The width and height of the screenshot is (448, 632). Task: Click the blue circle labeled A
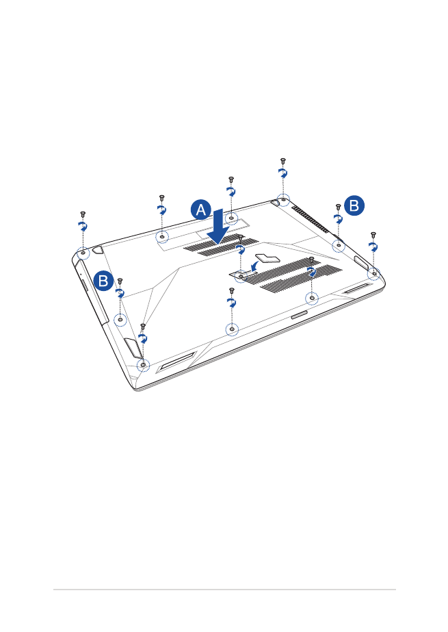tap(201, 210)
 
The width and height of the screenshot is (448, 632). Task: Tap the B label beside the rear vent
tap(354, 205)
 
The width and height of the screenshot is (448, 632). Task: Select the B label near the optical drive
tap(103, 281)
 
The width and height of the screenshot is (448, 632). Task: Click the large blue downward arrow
tap(218, 227)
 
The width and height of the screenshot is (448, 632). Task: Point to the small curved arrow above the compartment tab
tap(254, 266)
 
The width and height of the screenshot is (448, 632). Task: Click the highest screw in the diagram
tap(283, 161)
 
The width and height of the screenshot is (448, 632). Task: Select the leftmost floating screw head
tap(83, 214)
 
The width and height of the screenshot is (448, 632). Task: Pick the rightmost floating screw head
tap(373, 235)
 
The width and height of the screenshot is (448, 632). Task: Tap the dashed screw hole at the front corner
tap(143, 365)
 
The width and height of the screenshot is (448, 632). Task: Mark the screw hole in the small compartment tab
tap(240, 276)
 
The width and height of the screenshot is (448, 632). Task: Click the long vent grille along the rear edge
tap(311, 219)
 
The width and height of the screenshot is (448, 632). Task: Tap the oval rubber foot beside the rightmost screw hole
tap(361, 262)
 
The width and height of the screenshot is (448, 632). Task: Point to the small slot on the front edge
tap(299, 315)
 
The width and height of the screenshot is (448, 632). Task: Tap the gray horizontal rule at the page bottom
tap(224, 590)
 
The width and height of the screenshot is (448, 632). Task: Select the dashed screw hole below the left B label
tap(120, 320)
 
